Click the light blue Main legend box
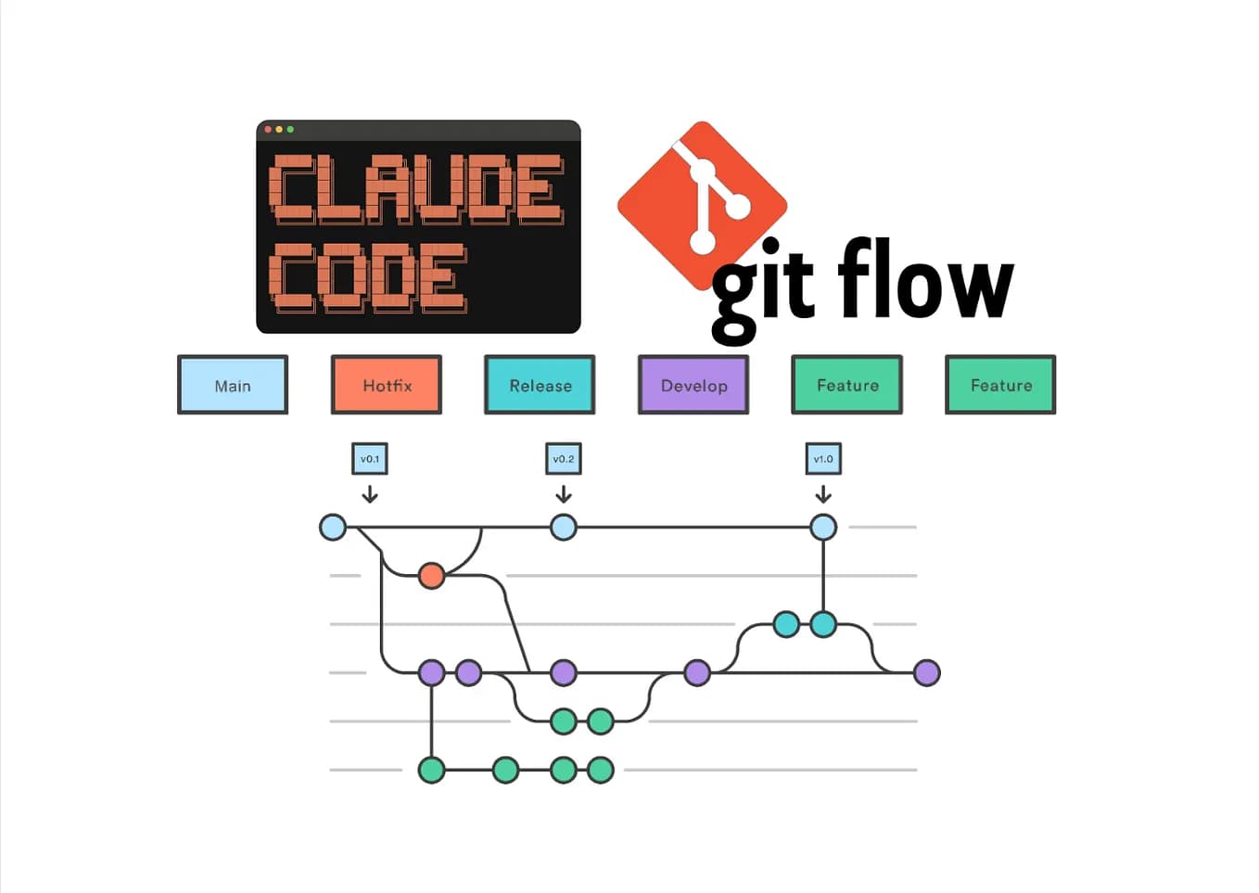click(x=233, y=385)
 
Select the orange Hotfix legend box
click(x=387, y=385)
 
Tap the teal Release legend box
click(x=540, y=385)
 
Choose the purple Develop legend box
click(x=693, y=385)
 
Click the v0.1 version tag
click(x=370, y=458)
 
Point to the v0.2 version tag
click(x=564, y=458)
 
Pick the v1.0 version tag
click(x=823, y=458)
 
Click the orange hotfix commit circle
click(x=431, y=576)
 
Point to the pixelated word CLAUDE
click(x=416, y=189)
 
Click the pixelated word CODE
click(x=368, y=276)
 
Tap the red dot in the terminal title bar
click(x=268, y=129)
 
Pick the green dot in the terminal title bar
click(x=290, y=129)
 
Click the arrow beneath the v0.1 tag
click(x=370, y=494)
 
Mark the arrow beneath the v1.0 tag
click(x=823, y=494)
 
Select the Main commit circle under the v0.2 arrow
click(x=564, y=528)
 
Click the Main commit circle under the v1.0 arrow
click(x=823, y=528)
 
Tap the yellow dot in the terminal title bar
click(x=279, y=129)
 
